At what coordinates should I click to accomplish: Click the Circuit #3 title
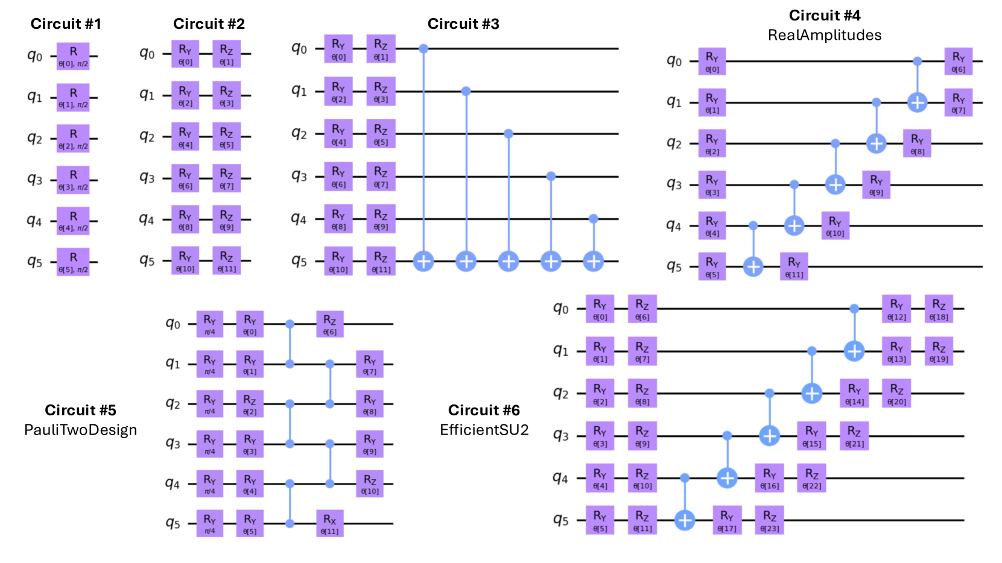tap(463, 24)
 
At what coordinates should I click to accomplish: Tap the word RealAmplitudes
tap(824, 35)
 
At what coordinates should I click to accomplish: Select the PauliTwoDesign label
tap(80, 430)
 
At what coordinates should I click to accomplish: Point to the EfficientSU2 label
tap(484, 430)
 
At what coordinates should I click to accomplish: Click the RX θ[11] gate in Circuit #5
tap(329, 523)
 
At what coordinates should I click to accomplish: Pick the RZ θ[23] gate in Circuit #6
tap(769, 520)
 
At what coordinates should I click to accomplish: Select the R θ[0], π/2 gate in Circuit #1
tap(73, 56)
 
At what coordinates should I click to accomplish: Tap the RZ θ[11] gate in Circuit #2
tap(226, 261)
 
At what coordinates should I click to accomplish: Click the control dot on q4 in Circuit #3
tap(593, 219)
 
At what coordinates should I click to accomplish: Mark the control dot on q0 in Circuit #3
tap(423, 48)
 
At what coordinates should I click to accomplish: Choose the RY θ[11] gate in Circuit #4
tap(794, 266)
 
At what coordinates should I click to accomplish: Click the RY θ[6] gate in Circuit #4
tap(958, 61)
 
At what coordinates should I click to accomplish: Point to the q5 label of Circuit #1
tap(34, 262)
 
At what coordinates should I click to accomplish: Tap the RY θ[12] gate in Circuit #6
tap(896, 309)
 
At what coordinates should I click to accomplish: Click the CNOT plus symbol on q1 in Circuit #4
tap(917, 102)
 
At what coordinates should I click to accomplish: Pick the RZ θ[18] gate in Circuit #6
tap(939, 309)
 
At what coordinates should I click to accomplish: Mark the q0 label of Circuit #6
tap(560, 309)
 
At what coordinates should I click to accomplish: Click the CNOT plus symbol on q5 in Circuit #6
tap(685, 520)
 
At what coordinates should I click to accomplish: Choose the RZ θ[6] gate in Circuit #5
tap(329, 324)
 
